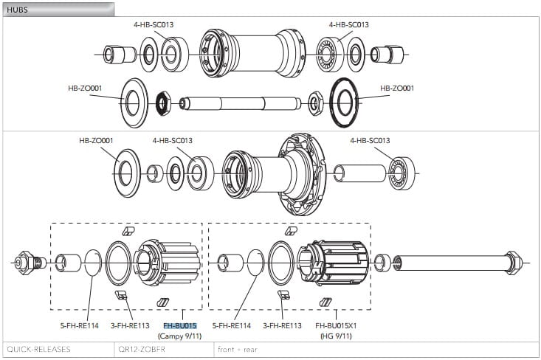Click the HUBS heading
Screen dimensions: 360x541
[18, 10]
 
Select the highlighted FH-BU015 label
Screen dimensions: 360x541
[179, 325]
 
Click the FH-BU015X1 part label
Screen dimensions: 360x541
[336, 325]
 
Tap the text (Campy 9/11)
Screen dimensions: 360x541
[179, 336]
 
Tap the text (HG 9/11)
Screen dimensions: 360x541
[335, 336]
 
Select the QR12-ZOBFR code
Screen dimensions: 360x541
[141, 349]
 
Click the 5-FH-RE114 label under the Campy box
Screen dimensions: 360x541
[79, 325]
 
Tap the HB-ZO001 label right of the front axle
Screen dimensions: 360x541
[397, 89]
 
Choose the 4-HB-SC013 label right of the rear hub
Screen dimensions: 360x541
[370, 140]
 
